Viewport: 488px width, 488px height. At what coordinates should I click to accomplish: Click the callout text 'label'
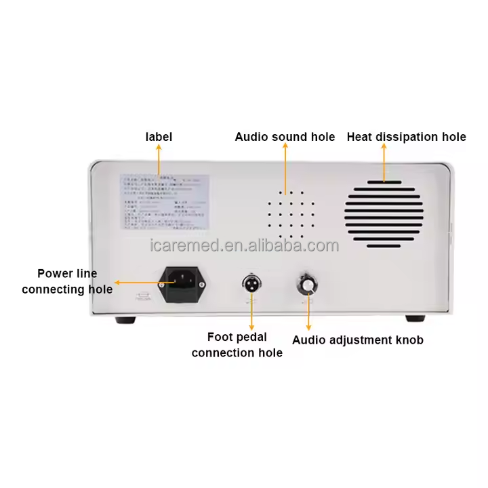pyautogui.click(x=159, y=137)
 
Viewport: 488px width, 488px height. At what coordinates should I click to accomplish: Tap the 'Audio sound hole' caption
pyautogui.click(x=285, y=137)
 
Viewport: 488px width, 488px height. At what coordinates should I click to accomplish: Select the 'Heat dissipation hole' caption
pyautogui.click(x=406, y=137)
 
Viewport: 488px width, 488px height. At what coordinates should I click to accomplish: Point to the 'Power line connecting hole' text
pyautogui.click(x=67, y=281)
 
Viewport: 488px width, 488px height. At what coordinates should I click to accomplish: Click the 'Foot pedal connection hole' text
pyautogui.click(x=237, y=344)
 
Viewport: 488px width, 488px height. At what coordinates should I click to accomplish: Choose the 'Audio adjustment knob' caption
pyautogui.click(x=357, y=340)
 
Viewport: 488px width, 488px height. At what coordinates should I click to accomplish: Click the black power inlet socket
pyautogui.click(x=182, y=283)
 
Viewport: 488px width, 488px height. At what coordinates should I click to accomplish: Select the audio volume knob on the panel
pyautogui.click(x=308, y=285)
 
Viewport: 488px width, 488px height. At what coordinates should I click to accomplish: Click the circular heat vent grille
pyautogui.click(x=383, y=211)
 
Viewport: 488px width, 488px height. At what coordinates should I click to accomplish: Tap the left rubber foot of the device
pyautogui.click(x=125, y=319)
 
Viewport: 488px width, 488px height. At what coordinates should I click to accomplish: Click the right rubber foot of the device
pyautogui.click(x=414, y=319)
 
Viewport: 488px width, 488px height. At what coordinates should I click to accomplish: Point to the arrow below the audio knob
pyautogui.click(x=308, y=312)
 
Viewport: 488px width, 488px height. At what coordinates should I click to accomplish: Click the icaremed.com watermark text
pyautogui.click(x=244, y=245)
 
